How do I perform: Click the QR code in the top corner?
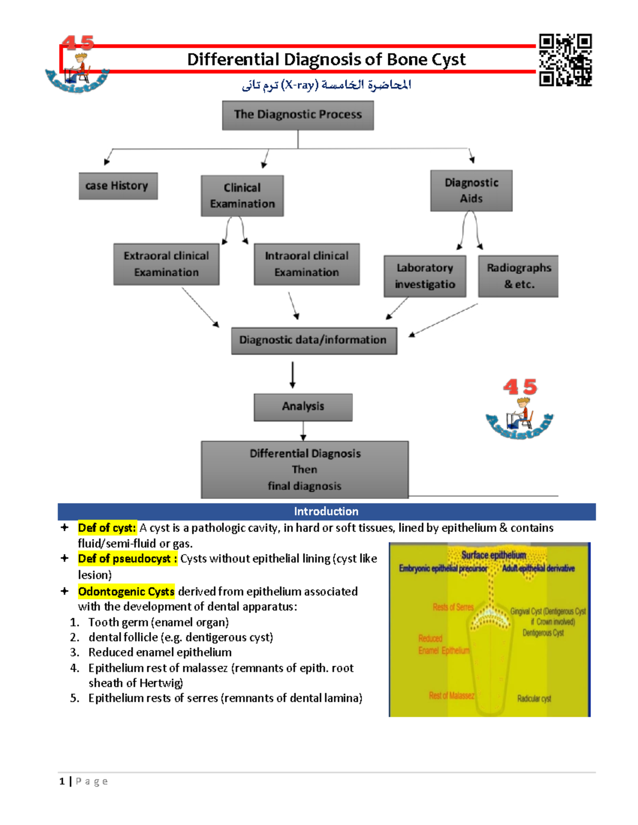[x=565, y=60]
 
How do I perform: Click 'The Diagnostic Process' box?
[x=298, y=115]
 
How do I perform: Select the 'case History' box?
[x=117, y=186]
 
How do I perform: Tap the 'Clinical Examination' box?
[x=242, y=195]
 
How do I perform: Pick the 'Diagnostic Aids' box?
[x=471, y=191]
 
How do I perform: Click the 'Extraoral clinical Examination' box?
[x=166, y=264]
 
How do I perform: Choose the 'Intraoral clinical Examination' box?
[x=306, y=264]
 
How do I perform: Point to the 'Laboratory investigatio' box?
[x=425, y=276]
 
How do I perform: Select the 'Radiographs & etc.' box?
[x=518, y=276]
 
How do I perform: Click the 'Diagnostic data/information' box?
[x=314, y=341]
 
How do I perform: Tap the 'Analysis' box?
[x=303, y=407]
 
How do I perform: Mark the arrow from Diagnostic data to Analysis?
[x=292, y=375]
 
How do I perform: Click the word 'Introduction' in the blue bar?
[x=326, y=512]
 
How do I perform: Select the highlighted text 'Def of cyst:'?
[x=107, y=528]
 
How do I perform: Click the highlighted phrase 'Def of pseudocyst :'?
[x=127, y=559]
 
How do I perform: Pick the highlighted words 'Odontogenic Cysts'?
[x=126, y=592]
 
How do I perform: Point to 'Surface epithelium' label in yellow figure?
[x=493, y=555]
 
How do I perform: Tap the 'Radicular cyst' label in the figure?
[x=534, y=699]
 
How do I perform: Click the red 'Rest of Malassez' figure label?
[x=451, y=695]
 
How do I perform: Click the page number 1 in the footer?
[x=62, y=781]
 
